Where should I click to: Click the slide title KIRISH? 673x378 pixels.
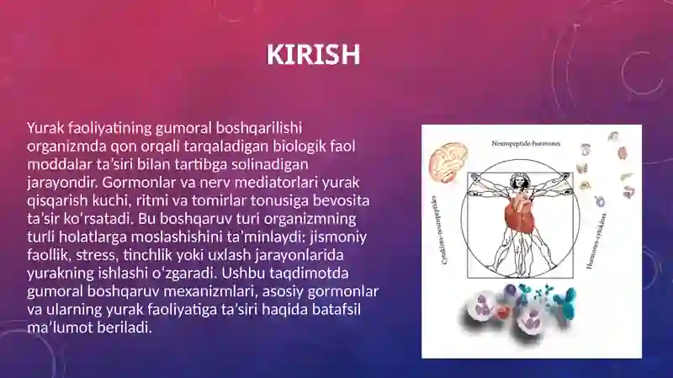(313, 55)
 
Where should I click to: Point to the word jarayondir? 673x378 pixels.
(62, 183)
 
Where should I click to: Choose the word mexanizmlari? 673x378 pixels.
(210, 291)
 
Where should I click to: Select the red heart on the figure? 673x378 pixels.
(519, 215)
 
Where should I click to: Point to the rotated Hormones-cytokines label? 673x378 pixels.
(596, 241)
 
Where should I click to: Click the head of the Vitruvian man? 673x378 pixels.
(520, 179)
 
